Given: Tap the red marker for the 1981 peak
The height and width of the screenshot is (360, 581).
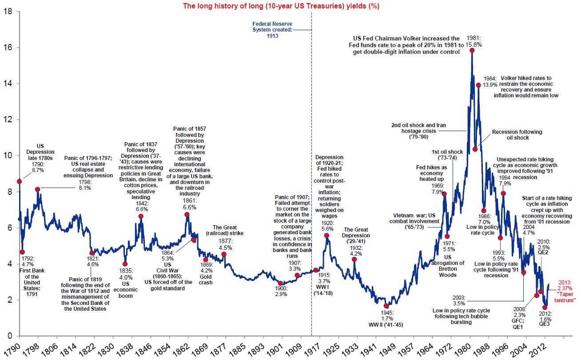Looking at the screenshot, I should [472, 51].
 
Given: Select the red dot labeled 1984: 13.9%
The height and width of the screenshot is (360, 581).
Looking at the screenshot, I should [478, 85].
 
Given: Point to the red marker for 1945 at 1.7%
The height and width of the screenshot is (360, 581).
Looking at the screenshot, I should [386, 306].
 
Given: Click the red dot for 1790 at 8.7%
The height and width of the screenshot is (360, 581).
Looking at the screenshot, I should [20, 181].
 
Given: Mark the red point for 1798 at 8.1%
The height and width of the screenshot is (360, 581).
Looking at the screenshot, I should [38, 189].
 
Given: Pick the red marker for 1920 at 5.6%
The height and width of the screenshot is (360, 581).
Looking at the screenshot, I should [327, 236].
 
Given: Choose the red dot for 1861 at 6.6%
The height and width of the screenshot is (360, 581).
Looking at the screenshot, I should [187, 215].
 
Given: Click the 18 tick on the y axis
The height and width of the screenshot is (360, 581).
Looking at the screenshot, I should [7, 11].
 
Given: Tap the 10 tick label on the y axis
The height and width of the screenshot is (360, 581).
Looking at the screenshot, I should [7, 156].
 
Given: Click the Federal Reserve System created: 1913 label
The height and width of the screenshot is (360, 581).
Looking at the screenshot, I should [272, 30].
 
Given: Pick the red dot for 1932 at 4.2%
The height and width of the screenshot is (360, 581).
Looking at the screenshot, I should [354, 260].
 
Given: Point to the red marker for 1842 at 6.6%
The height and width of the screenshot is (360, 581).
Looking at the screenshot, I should [141, 216].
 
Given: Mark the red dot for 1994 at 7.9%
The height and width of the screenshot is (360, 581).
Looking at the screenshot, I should [503, 193].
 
